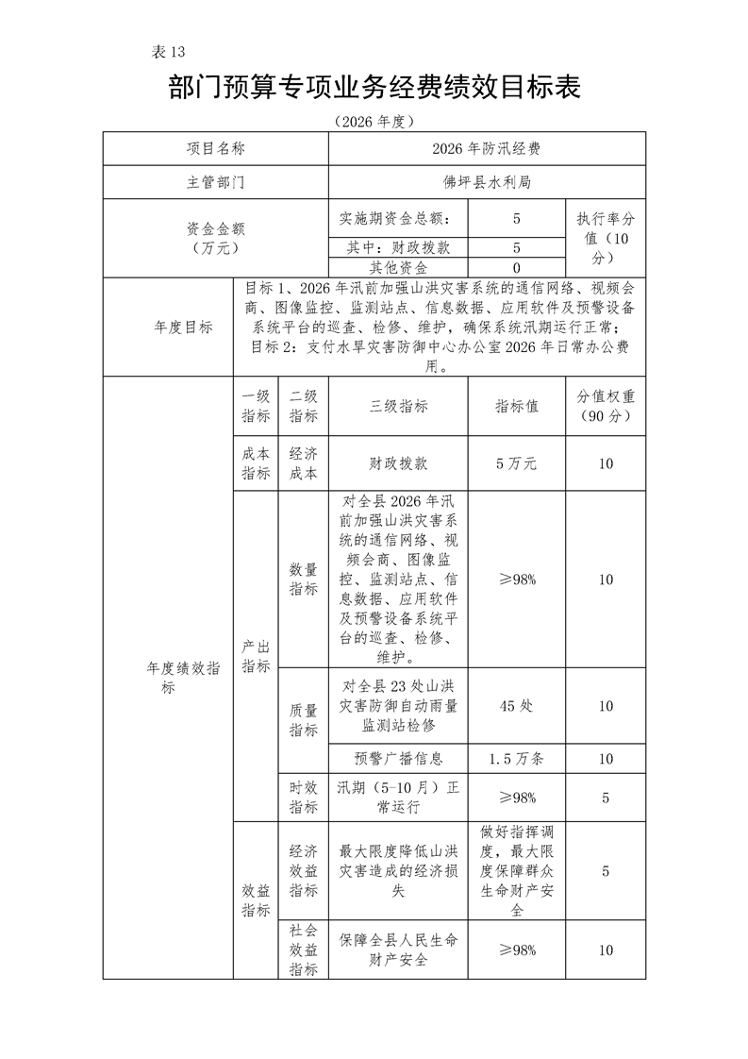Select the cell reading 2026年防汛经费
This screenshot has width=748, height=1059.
click(x=486, y=149)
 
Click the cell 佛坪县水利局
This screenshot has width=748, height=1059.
click(x=486, y=182)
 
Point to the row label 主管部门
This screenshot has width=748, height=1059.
click(x=215, y=182)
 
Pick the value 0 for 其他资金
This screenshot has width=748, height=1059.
click(x=516, y=268)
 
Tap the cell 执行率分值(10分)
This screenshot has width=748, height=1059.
click(x=605, y=238)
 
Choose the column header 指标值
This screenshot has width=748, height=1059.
click(x=516, y=407)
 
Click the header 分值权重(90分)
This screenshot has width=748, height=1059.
click(x=605, y=407)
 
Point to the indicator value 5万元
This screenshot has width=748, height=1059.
click(x=516, y=463)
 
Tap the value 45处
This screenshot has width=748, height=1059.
click(x=516, y=706)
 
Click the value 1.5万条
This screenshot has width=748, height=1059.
click(x=516, y=758)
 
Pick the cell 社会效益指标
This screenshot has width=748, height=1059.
click(x=303, y=950)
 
